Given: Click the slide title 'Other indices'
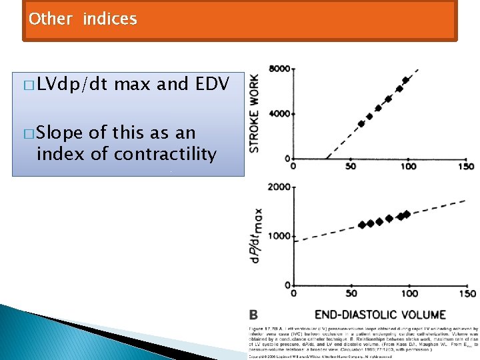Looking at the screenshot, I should [x=83, y=19].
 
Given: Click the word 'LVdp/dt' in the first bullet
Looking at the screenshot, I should [x=73, y=84].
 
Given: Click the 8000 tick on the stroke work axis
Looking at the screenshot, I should [x=279, y=69].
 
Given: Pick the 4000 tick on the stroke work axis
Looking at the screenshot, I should [x=279, y=114].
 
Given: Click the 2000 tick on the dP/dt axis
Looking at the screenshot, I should [x=279, y=187].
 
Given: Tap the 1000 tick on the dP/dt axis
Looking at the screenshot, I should [x=279, y=236].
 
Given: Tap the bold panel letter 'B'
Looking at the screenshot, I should [x=254, y=314].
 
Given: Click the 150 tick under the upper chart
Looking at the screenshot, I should [x=467, y=166].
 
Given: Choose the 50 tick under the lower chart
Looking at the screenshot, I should [x=351, y=293].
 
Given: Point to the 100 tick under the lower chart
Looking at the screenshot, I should [x=409, y=293].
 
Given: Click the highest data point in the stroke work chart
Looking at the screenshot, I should [x=405, y=81].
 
